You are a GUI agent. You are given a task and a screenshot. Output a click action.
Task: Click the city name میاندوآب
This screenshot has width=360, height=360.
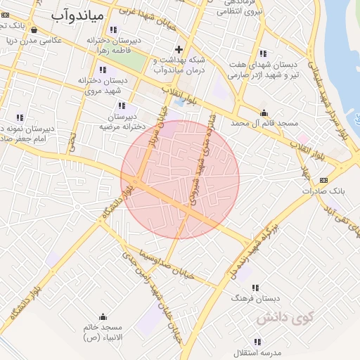pos(78,14)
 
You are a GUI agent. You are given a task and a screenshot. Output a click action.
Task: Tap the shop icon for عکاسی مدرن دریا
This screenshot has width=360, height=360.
pos(34,30)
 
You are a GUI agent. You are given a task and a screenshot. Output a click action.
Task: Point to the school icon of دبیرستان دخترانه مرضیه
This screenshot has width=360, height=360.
pos(121,105)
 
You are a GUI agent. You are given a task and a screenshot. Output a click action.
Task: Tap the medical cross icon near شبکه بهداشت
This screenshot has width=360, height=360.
pos(179,49)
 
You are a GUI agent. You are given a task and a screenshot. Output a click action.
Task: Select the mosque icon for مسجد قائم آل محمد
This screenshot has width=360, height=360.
pos(264,112)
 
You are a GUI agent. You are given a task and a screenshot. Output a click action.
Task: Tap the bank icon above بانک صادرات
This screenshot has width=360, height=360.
pos(323,180)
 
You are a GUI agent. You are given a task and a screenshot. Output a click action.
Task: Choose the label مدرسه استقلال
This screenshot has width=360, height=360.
pos(259,351)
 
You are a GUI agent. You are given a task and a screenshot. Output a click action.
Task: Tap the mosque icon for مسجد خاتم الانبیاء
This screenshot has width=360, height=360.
pos(103,317)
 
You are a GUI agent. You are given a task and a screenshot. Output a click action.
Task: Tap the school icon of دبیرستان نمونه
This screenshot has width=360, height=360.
pos(20,117)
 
